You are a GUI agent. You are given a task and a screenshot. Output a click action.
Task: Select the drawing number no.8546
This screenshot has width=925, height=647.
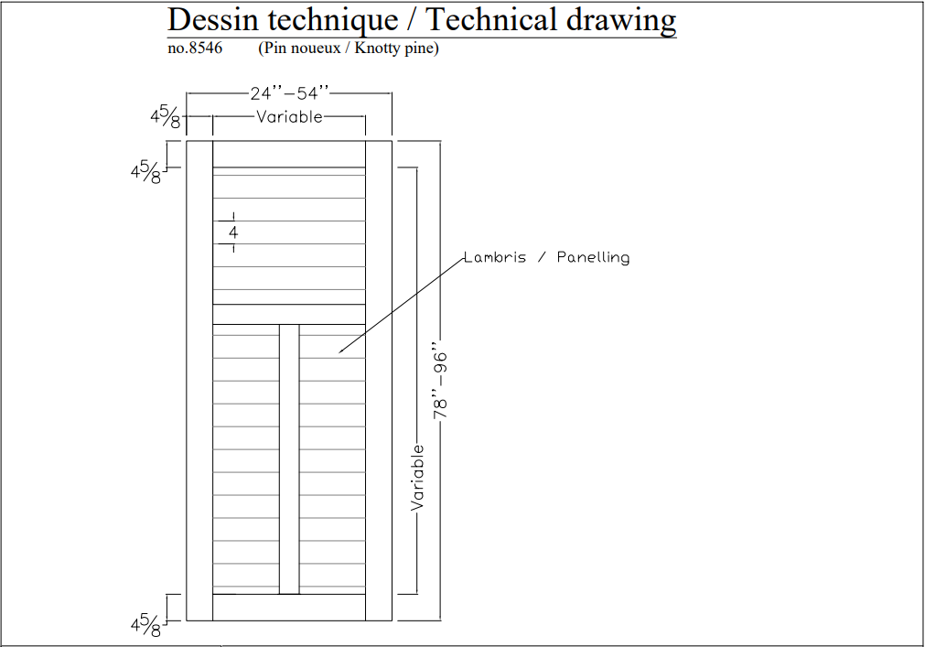pyautogui.click(x=195, y=49)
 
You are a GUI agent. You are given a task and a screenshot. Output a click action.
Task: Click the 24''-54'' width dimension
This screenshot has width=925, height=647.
pyautogui.click(x=288, y=93)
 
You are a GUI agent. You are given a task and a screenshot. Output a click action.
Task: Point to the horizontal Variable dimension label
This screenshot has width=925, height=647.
pyautogui.click(x=289, y=117)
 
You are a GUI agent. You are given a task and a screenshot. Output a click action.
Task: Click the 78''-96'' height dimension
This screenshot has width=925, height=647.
pyautogui.click(x=441, y=383)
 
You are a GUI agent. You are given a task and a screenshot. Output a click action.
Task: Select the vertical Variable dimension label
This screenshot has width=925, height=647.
pyautogui.click(x=418, y=477)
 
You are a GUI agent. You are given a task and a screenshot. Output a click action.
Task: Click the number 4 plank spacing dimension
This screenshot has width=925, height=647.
pyautogui.click(x=233, y=232)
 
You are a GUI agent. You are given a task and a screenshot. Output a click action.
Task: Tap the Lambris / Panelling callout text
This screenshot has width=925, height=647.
pyautogui.click(x=546, y=257)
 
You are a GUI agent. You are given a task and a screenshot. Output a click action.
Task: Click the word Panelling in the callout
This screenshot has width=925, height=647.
pyautogui.click(x=593, y=257)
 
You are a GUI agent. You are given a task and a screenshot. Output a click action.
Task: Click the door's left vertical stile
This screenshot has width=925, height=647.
pyautogui.click(x=199, y=380)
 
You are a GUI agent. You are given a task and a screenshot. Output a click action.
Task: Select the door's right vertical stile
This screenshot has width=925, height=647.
pyautogui.click(x=379, y=380)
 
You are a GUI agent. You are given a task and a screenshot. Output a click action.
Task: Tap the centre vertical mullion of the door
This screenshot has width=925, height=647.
pyautogui.click(x=289, y=458)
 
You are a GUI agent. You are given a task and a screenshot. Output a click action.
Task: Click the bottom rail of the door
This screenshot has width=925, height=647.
pyautogui.click(x=289, y=607)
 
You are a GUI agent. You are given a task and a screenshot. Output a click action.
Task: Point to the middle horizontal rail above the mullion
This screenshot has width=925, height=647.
pyautogui.click(x=289, y=314)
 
